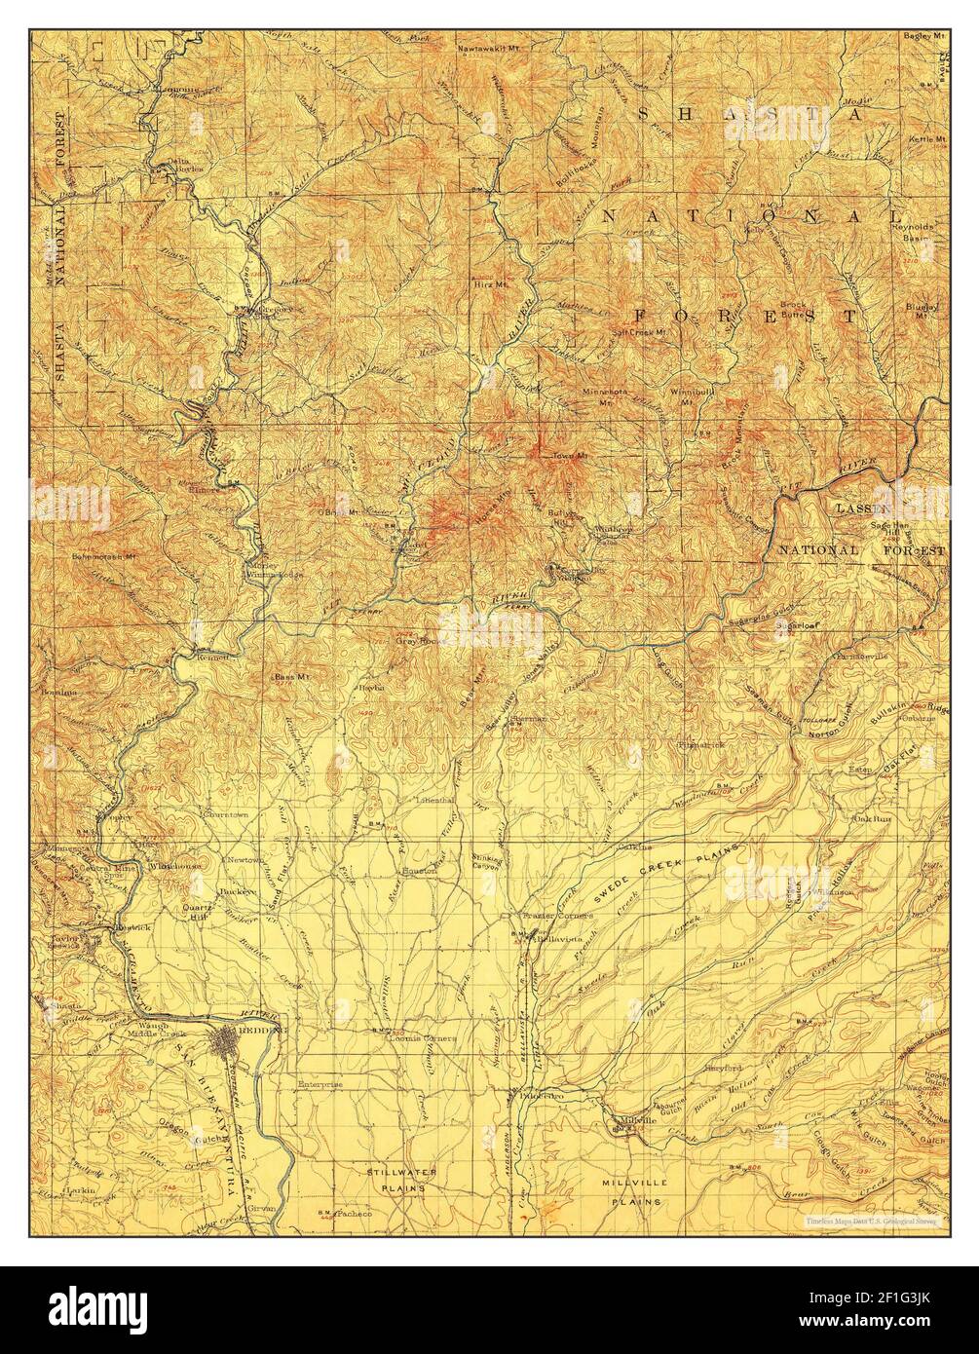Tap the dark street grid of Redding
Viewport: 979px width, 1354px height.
coord(236,1043)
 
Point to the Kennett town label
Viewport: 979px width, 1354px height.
coord(211,658)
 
